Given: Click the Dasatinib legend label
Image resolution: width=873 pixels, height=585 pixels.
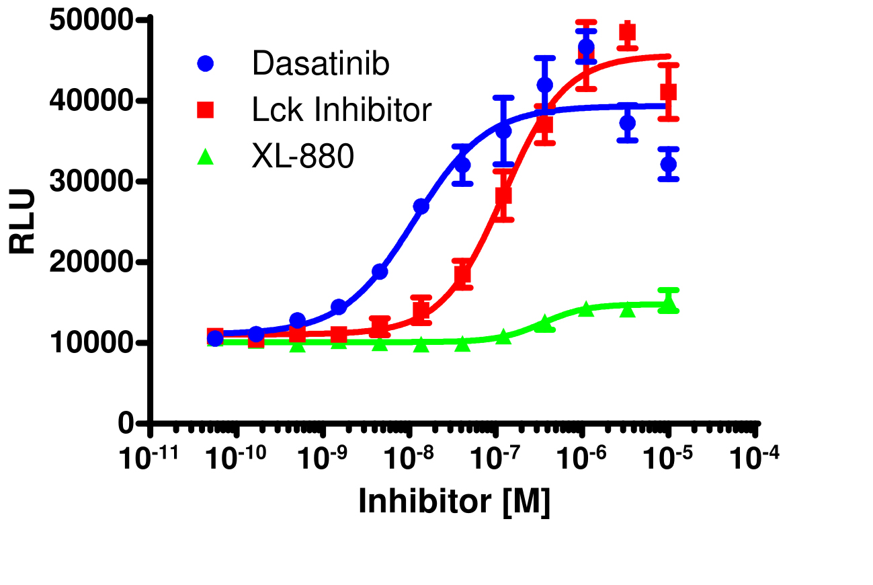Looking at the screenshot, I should coord(321,65).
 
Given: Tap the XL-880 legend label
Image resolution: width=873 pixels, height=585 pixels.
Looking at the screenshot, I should coord(302,157).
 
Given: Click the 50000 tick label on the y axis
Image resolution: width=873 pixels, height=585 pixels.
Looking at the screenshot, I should coord(92,21).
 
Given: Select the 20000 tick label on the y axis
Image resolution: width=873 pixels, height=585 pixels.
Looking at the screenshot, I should coord(92,262).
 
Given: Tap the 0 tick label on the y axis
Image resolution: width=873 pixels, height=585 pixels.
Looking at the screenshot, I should coord(126,424).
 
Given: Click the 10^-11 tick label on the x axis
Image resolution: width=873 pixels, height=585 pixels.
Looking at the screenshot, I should coord(149,458).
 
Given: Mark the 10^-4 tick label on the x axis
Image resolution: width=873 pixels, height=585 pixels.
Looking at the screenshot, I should coord(756,458).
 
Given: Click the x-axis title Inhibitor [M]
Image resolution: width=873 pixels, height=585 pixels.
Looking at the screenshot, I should coord(454,502).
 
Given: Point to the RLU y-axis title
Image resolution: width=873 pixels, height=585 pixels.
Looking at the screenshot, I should coord(24,222).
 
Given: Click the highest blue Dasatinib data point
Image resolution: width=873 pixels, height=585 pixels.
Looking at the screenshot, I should coord(586,48).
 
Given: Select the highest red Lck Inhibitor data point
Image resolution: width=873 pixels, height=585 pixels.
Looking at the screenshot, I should coord(627,32).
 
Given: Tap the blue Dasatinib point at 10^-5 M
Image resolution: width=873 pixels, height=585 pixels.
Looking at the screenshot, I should coord(669,164).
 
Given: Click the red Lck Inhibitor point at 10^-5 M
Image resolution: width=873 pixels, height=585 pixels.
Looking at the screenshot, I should coord(668,91).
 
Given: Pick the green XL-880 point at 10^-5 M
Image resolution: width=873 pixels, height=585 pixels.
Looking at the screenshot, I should coord(668,305).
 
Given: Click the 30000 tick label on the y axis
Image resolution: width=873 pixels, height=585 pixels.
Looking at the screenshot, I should coord(92,182).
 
